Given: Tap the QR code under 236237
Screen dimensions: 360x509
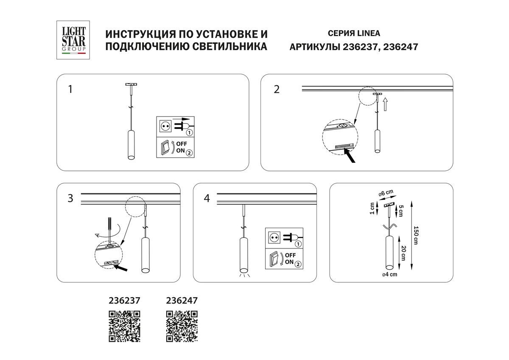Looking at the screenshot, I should click(125, 326).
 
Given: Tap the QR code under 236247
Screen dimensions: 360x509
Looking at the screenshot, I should click(182, 326).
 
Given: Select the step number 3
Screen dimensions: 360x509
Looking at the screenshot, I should click(70, 198).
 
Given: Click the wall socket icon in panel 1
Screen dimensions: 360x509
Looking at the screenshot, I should click(165, 126).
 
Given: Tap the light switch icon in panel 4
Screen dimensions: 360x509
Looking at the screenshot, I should click(274, 259).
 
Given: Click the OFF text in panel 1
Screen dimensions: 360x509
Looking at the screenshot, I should click(182, 144).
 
